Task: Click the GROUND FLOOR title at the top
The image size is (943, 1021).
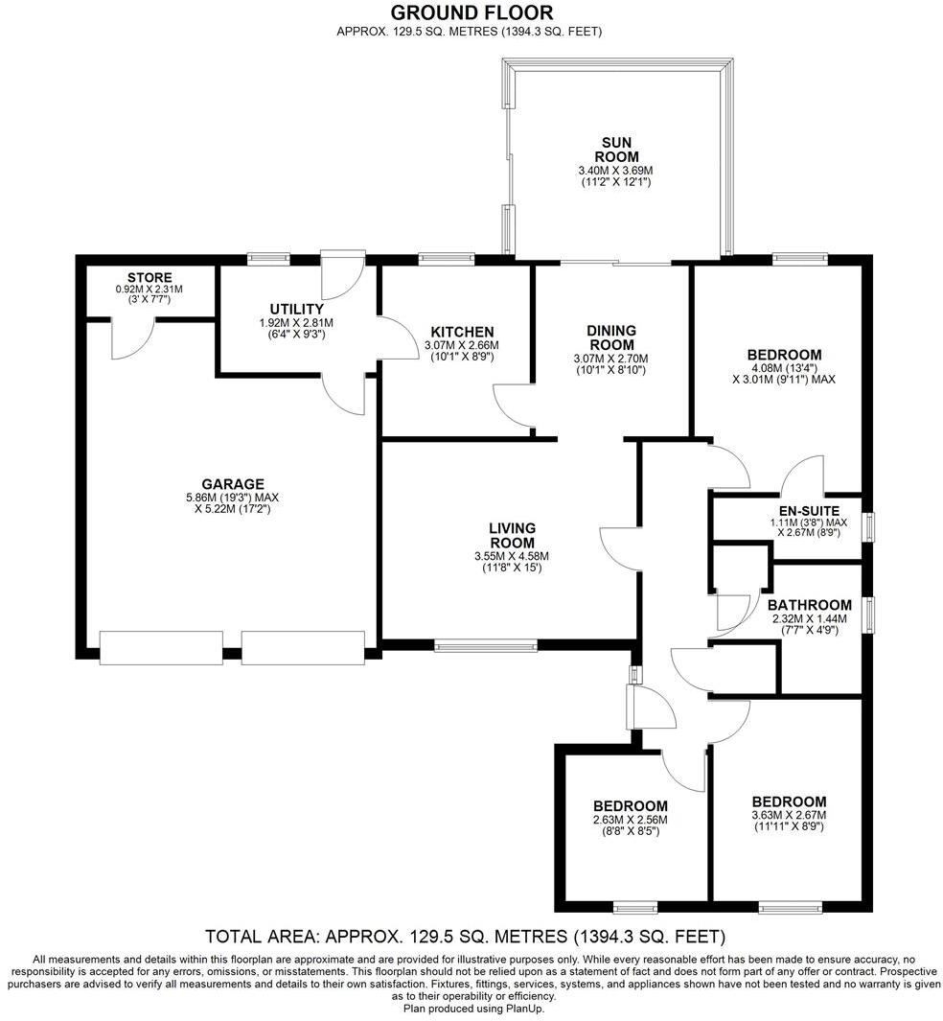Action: (x=471, y=12)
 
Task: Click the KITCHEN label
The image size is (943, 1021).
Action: (x=461, y=332)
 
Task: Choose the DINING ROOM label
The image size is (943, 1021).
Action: (x=610, y=337)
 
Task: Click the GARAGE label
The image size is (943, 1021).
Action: (x=232, y=484)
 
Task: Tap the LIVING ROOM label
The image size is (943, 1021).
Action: (x=512, y=535)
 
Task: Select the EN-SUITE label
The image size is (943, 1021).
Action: (x=808, y=510)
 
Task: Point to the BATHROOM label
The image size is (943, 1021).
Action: (x=810, y=605)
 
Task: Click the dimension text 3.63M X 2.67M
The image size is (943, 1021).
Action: (x=789, y=815)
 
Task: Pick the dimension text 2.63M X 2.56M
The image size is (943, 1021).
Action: (x=630, y=820)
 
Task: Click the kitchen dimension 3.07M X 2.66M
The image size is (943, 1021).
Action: (x=461, y=345)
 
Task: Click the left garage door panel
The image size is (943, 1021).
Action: (x=161, y=648)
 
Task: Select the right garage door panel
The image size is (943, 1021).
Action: (x=303, y=648)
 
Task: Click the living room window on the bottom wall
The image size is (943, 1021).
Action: (x=486, y=646)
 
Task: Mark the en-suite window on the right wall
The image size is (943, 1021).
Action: (x=869, y=526)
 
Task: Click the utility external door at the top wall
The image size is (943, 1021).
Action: (x=337, y=275)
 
